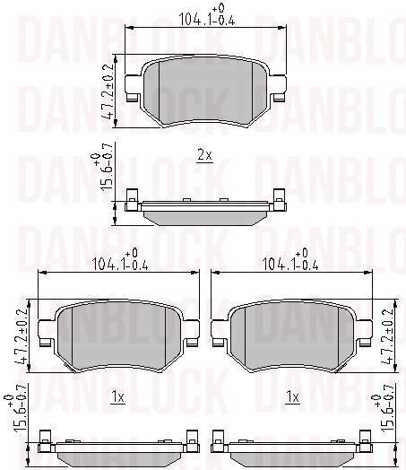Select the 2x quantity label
tap(205, 155)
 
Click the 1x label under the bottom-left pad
tap(117, 397)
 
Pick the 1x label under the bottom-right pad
tap(292, 397)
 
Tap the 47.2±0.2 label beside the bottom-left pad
tap(21, 335)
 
